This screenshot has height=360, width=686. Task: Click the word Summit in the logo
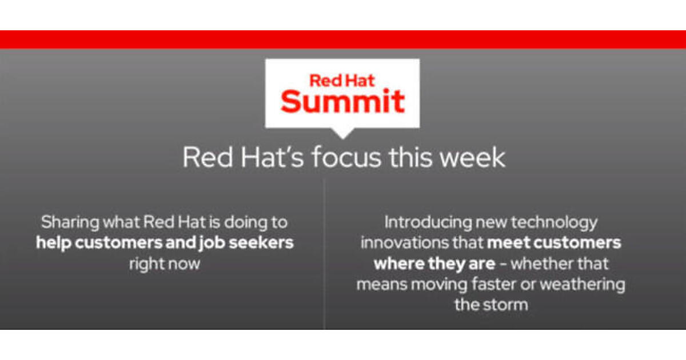click(342, 101)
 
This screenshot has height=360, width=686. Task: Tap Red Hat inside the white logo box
click(342, 81)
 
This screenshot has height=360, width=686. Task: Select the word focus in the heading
click(346, 157)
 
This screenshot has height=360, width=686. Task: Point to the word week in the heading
click(472, 157)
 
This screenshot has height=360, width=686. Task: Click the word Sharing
click(70, 222)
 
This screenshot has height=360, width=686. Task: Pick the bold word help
click(53, 243)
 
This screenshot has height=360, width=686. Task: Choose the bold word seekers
click(261, 243)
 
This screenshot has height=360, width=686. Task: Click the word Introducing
click(428, 222)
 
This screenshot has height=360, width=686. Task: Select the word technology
click(555, 223)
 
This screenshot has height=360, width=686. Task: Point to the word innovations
click(405, 243)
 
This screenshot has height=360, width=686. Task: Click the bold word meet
click(508, 243)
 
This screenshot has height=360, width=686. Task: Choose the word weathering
click(583, 285)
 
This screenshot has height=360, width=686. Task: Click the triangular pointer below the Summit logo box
click(342, 134)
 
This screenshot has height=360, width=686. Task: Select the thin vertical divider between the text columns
click(324, 254)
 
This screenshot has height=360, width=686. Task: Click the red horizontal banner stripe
click(343, 39)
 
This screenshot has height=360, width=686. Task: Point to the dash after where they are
click(502, 264)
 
